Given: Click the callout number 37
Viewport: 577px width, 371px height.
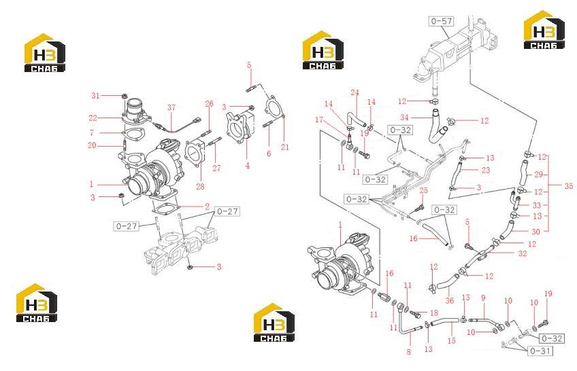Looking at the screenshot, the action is coord(171,107).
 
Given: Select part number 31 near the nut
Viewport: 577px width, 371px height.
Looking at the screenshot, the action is coord(96,96).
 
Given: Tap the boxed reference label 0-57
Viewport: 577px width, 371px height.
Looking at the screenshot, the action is coord(442,21).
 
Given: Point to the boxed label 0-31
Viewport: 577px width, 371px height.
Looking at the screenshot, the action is coord(540,351).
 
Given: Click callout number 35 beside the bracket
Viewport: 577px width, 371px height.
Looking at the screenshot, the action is coord(569,186).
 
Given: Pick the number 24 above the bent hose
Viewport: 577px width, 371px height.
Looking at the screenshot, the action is coord(355,92).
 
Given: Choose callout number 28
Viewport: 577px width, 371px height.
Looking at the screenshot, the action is coord(200,187).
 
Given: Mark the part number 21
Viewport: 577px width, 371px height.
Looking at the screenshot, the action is coord(285,147).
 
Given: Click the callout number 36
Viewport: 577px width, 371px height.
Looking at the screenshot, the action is coord(450,300).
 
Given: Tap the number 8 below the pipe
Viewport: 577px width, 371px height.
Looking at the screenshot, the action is coord(408,352).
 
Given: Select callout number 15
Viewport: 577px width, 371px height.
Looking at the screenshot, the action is coord(452,341).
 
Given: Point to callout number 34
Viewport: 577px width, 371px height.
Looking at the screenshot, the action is coord(404,118).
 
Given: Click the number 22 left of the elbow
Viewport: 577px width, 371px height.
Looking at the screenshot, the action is coord(93,118).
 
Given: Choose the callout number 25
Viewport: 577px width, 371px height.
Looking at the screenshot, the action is coord(423,190).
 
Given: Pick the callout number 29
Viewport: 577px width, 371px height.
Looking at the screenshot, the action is coord(538,175).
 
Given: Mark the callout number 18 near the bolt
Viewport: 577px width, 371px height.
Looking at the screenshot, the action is coord(434,313).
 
